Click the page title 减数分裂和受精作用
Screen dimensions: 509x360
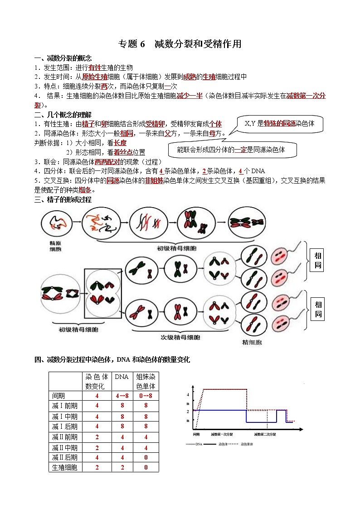coord(198,44)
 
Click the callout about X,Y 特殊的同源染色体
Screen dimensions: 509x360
coord(282,123)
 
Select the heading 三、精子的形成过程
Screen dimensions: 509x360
coord(63,200)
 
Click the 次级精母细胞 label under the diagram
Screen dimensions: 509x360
coord(180,337)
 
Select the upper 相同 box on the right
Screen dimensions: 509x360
coord(318,261)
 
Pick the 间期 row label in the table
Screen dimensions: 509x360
coord(59,396)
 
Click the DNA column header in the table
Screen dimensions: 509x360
coord(122,377)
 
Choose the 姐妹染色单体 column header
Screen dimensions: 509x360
coord(146,381)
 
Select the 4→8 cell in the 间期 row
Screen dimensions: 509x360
coord(122,396)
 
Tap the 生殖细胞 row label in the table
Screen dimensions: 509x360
coord(64,467)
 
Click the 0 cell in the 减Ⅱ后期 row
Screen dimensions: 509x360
coord(146,457)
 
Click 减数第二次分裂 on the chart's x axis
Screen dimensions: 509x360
coord(265,434)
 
